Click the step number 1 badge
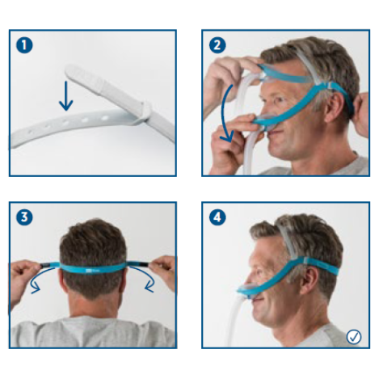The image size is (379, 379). [24, 45]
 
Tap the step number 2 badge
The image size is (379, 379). [217, 45]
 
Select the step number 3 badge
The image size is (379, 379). [24, 217]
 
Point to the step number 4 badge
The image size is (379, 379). [217, 217]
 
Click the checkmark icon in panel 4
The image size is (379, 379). [354, 337]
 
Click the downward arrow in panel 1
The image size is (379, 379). [66, 96]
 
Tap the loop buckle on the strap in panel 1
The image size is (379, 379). [144, 113]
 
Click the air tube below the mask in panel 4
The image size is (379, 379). [234, 321]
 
